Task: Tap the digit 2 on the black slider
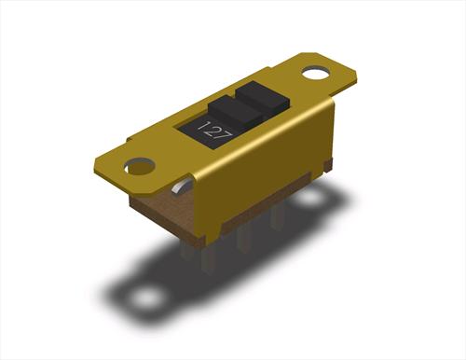[x=212, y=132]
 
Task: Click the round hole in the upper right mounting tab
[x=316, y=74]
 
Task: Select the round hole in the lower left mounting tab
[x=140, y=166]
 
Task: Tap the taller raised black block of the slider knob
[x=263, y=98]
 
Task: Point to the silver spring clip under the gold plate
[x=180, y=187]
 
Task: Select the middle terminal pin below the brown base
[x=242, y=240]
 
